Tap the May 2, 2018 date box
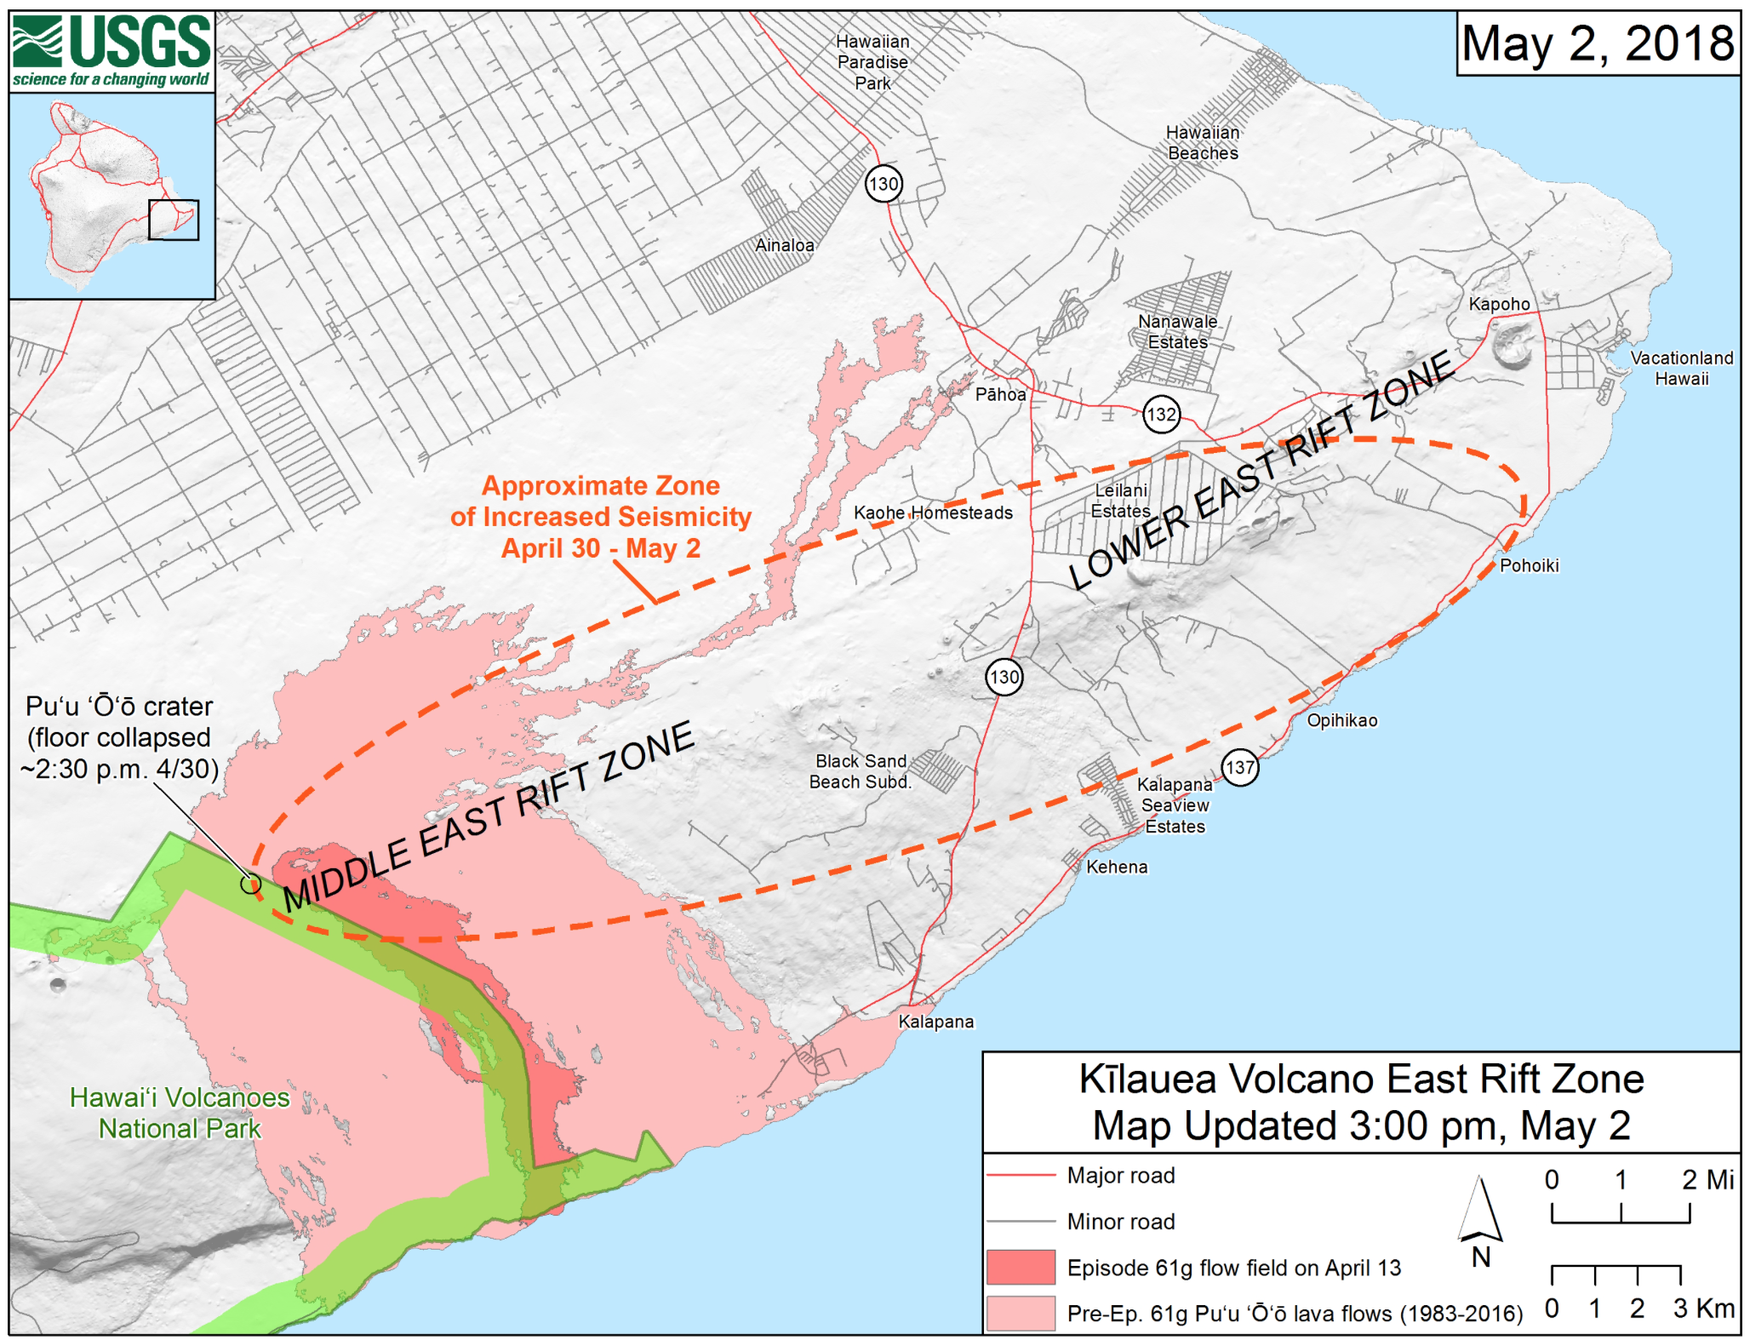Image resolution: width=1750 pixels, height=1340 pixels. (1597, 44)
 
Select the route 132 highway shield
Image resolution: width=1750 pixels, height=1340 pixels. (1161, 415)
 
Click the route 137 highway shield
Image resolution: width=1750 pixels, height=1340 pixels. (1239, 767)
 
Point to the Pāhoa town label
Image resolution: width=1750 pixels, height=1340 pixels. (1000, 394)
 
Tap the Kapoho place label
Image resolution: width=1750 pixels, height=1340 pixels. (1499, 304)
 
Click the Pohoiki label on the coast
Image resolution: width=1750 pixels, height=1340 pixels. (1529, 565)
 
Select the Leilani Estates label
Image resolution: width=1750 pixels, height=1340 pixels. (1120, 501)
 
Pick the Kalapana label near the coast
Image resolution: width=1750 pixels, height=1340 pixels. (935, 1022)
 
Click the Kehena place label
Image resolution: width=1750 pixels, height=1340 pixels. (1117, 867)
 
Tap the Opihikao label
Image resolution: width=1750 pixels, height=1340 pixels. (1341, 720)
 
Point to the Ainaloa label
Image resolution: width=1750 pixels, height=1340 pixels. (784, 245)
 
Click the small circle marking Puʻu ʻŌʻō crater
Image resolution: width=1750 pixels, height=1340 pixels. (249, 884)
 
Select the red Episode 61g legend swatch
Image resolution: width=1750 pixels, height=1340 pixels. (1021, 1267)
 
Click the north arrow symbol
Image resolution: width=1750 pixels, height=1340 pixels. (1480, 1213)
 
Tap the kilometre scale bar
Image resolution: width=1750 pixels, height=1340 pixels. (1616, 1274)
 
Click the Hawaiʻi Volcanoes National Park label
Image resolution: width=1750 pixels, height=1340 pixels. (180, 1113)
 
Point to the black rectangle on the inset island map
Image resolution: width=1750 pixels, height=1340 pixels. (174, 220)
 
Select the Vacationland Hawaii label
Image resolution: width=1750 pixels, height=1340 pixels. (1681, 368)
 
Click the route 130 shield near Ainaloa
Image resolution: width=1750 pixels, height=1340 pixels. (884, 184)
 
